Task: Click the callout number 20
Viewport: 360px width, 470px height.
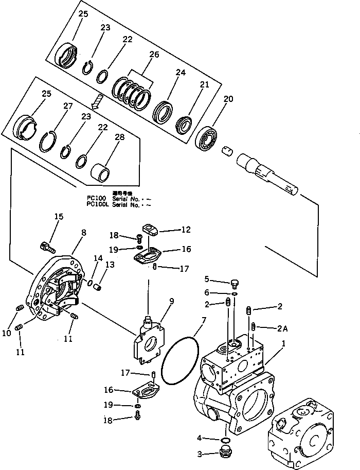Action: coord(228,99)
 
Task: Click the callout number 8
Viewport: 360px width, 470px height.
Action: coord(83,233)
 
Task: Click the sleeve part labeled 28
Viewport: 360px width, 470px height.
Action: coord(100,172)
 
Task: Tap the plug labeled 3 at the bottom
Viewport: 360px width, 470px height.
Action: coord(224,453)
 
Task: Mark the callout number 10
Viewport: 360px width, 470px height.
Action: coord(6,333)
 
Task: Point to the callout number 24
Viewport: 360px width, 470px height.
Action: coord(181,73)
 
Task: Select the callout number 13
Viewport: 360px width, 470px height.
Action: coord(110,264)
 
